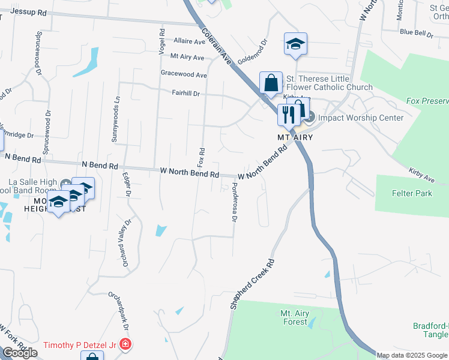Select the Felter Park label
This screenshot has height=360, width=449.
(412, 194)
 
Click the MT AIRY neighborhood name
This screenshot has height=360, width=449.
(295, 137)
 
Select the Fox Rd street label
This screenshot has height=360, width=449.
(202, 157)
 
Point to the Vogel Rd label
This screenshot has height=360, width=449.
(161, 41)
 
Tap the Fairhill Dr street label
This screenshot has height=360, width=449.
(185, 94)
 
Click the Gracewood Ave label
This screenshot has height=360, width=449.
(184, 75)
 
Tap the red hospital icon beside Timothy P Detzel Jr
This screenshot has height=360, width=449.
(125, 345)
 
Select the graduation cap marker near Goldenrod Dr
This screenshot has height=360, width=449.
(295, 44)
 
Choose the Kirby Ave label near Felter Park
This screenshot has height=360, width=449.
(422, 175)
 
